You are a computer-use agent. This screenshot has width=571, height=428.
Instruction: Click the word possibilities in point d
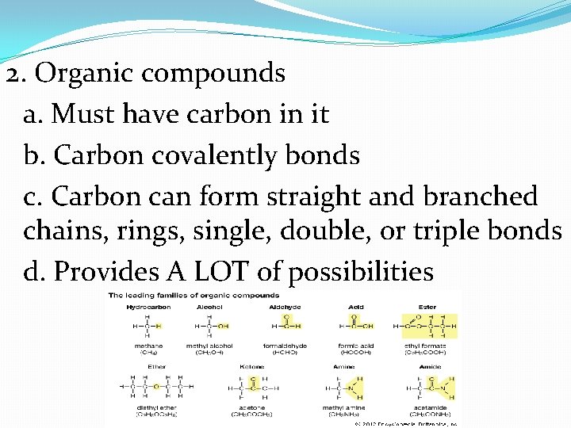[360, 272]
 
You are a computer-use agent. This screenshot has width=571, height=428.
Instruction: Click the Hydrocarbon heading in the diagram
[140, 306]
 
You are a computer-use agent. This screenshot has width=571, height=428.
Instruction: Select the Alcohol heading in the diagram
[210, 306]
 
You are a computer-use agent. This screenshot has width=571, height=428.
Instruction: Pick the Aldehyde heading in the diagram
[284, 306]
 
